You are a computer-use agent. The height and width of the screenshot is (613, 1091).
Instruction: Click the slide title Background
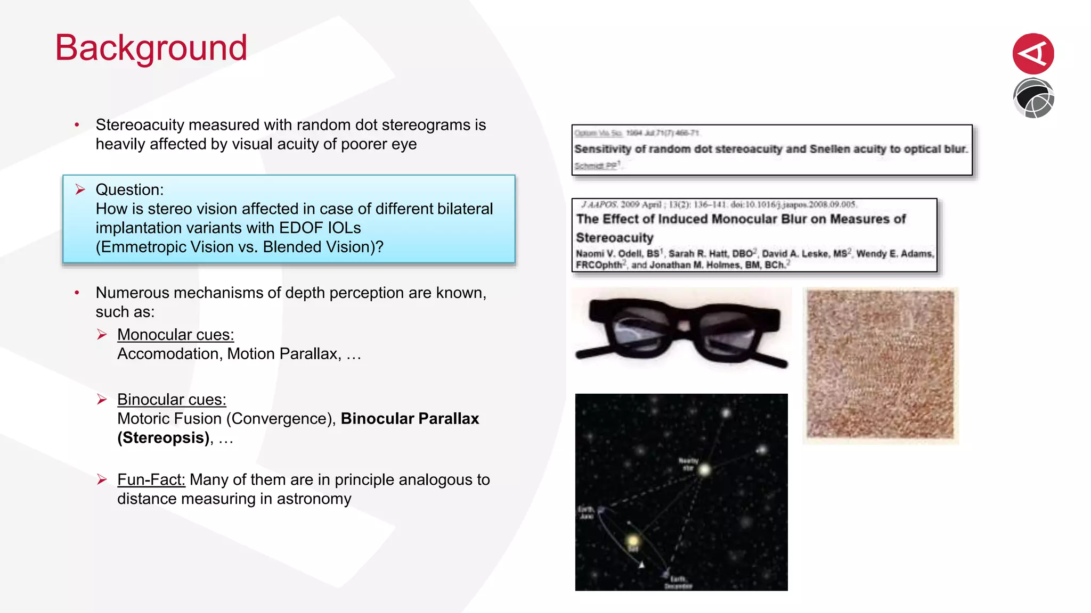point(151,48)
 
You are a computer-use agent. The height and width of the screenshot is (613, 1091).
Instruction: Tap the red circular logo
point(1033,53)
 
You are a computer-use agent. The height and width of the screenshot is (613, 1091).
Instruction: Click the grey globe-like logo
point(1033,98)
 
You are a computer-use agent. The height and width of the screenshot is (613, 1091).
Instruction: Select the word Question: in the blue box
point(129,190)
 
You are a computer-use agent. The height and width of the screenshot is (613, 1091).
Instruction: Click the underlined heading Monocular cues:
point(175,335)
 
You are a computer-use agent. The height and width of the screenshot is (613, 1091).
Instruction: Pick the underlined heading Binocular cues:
point(172,400)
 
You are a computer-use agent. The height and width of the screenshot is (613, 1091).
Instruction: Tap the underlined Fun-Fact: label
point(151,479)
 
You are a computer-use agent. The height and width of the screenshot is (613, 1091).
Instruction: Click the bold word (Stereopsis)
point(163,438)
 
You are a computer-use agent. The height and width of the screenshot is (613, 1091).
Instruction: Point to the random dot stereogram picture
point(880,365)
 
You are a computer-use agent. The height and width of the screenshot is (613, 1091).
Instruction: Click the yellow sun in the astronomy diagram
point(633,541)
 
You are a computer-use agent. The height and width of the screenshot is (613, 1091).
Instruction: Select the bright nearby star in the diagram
point(704,470)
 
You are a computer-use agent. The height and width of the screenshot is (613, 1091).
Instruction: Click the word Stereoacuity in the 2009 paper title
point(614,238)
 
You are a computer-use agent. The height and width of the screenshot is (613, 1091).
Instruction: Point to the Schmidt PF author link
point(596,166)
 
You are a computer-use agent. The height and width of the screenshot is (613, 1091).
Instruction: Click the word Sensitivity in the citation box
point(603,149)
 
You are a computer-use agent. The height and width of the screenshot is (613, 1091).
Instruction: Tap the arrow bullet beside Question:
point(80,189)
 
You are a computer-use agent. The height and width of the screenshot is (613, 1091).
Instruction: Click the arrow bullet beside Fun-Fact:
point(102,479)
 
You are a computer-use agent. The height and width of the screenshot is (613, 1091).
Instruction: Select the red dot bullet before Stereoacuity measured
point(77,125)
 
